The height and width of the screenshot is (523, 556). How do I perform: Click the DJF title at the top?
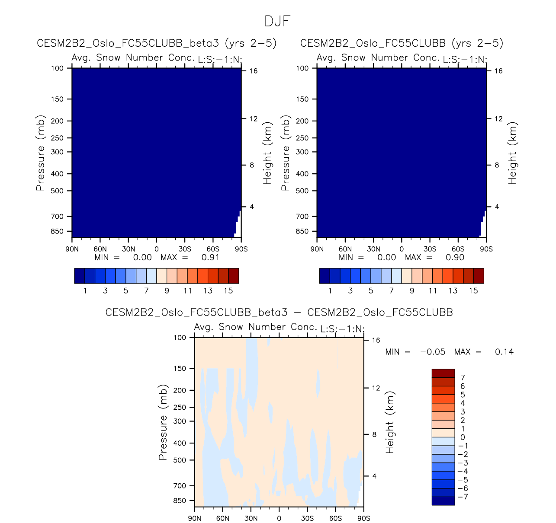(x=277, y=21)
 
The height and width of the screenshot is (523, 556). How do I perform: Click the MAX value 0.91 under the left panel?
(x=210, y=258)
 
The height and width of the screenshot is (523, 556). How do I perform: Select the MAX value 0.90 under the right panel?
(x=455, y=258)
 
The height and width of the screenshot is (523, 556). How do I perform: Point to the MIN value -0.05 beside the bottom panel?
(x=432, y=352)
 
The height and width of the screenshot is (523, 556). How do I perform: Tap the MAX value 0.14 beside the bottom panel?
(x=504, y=352)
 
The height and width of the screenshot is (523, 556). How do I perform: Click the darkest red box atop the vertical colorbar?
(x=443, y=373)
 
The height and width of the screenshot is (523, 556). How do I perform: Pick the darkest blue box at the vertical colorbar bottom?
(x=443, y=501)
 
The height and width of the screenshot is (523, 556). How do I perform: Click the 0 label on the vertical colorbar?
(x=463, y=437)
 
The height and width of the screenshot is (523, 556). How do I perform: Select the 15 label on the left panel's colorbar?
(x=228, y=290)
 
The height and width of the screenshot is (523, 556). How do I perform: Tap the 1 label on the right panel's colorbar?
(x=330, y=290)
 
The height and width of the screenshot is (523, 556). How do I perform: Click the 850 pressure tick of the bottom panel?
(x=180, y=501)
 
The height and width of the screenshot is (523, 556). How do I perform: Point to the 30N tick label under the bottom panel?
(x=251, y=518)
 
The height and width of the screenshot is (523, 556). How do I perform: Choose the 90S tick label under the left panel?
(x=241, y=249)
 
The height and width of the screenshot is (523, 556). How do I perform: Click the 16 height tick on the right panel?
(x=498, y=71)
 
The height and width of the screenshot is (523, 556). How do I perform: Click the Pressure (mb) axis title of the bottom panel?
(x=163, y=422)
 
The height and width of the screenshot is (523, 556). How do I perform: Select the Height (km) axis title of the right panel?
(x=513, y=153)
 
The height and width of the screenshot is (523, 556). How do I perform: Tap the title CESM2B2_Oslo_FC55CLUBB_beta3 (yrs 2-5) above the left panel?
(x=157, y=43)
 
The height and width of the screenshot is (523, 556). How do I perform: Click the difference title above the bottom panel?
(x=279, y=313)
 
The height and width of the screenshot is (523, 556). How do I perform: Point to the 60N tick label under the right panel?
(x=345, y=249)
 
